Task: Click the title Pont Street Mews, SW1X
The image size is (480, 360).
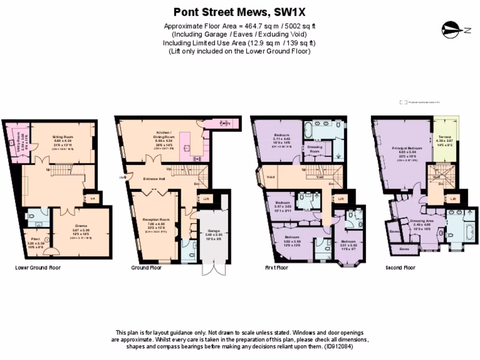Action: [x=240, y=12]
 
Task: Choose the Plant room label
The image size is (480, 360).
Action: [x=35, y=238]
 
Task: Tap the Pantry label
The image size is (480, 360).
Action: [x=226, y=123]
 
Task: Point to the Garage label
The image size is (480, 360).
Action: [x=213, y=231]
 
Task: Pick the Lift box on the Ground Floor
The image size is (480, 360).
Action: [x=206, y=199]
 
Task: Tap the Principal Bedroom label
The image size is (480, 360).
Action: [x=407, y=148]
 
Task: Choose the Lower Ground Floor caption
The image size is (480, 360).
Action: [x=38, y=268]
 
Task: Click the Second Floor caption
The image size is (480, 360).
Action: [x=400, y=268]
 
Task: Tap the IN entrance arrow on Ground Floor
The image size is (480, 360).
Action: [x=123, y=177]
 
